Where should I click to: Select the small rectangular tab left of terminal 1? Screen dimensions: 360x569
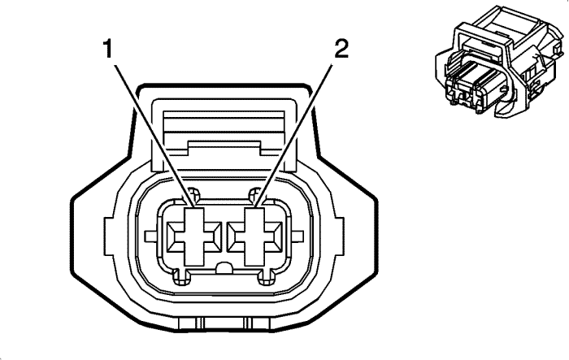tap(151, 237)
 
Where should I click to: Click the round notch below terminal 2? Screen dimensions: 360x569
tap(263, 280)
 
